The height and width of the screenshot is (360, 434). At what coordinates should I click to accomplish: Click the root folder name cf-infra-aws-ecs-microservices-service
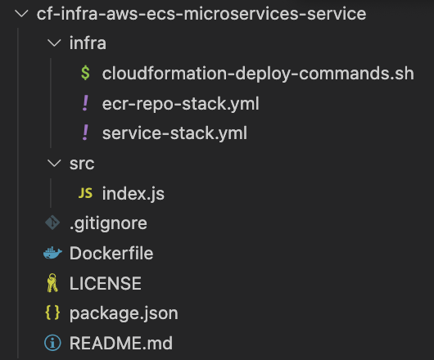tap(201, 14)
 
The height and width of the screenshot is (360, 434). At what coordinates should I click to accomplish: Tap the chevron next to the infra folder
tap(54, 44)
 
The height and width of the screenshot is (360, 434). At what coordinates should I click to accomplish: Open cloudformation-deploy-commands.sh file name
tap(258, 74)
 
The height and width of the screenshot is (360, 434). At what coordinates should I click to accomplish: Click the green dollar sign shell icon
tap(85, 74)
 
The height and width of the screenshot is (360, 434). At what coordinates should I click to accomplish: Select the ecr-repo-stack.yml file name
tap(181, 104)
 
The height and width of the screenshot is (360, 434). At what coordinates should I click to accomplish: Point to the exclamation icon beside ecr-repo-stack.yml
tap(85, 104)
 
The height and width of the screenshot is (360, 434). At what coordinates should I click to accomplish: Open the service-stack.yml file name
tap(174, 133)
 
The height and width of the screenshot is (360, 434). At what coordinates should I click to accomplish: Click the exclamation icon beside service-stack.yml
tap(85, 133)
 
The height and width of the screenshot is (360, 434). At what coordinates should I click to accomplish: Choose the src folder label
tap(82, 164)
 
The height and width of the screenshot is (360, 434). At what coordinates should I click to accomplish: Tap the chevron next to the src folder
tap(54, 164)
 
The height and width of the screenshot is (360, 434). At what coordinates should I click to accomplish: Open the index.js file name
tap(133, 194)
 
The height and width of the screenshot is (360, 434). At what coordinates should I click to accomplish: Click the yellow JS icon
tap(85, 194)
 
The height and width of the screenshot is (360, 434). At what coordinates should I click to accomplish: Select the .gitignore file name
tap(108, 223)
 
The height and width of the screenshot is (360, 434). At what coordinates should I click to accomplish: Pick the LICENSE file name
tap(106, 283)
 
